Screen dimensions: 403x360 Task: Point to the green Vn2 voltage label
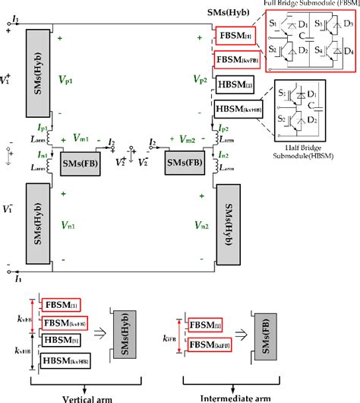tap(202, 225)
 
